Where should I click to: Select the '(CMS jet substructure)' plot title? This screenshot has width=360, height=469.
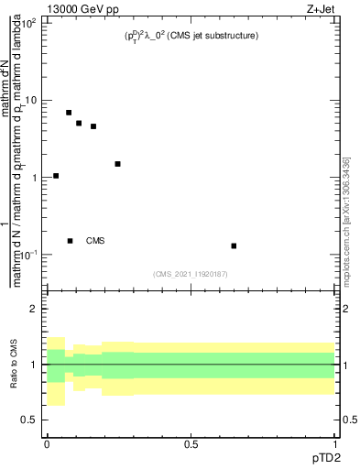[x=189, y=35]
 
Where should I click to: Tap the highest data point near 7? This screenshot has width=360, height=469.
[x=69, y=113]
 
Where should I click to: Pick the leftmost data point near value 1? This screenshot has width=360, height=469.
[x=56, y=176]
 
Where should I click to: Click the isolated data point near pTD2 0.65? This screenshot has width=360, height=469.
[x=235, y=245]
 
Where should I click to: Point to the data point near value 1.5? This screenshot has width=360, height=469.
[x=117, y=164]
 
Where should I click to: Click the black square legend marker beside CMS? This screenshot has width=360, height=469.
[x=70, y=241]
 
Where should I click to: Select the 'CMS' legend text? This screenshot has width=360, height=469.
[x=95, y=241]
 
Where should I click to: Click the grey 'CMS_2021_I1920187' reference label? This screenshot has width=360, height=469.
[x=191, y=272]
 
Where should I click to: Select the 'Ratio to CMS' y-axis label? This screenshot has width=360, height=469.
[x=14, y=365]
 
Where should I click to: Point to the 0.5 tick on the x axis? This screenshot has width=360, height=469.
[x=191, y=443]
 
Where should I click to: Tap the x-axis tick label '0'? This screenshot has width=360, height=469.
[x=47, y=443]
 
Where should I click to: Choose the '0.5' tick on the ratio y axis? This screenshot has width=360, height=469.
[x=28, y=420]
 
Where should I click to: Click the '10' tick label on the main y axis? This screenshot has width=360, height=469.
[x=30, y=100]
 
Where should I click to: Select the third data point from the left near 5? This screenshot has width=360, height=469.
[x=79, y=123]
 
